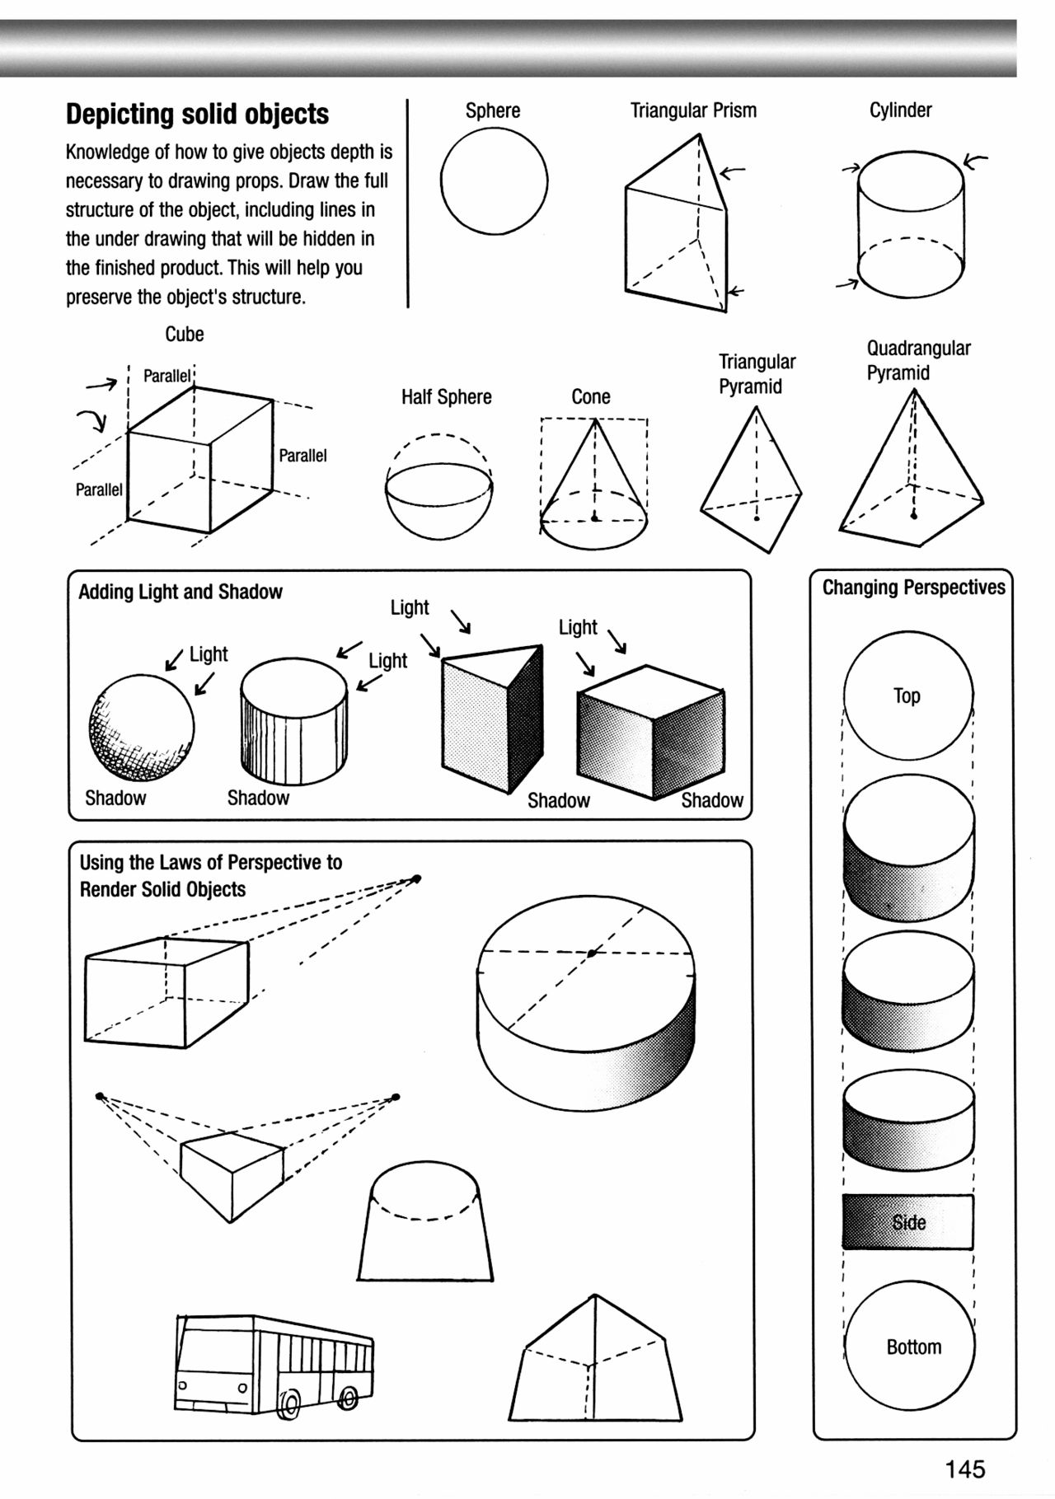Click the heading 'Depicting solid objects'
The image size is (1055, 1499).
coord(197,114)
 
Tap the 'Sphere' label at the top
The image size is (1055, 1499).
coord(493,110)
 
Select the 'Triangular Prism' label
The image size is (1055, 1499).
coord(693,110)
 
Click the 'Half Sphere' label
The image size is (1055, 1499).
coord(446,397)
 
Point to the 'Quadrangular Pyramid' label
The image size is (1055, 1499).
coord(917,360)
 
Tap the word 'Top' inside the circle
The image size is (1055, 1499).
coord(907,696)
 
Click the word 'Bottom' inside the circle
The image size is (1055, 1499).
coord(913,1347)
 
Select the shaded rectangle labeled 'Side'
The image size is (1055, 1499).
coord(907,1222)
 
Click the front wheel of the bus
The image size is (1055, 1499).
coord(291,1402)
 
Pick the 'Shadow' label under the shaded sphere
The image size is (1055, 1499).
coord(115,798)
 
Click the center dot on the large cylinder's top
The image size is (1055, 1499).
coord(592,953)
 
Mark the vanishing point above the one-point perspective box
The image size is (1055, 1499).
coord(416,878)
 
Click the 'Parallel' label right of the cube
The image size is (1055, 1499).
coord(302,456)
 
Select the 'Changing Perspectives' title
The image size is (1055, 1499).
coord(913,588)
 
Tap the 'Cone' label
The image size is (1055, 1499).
coord(591,397)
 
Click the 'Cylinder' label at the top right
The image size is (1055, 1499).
coord(900,110)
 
